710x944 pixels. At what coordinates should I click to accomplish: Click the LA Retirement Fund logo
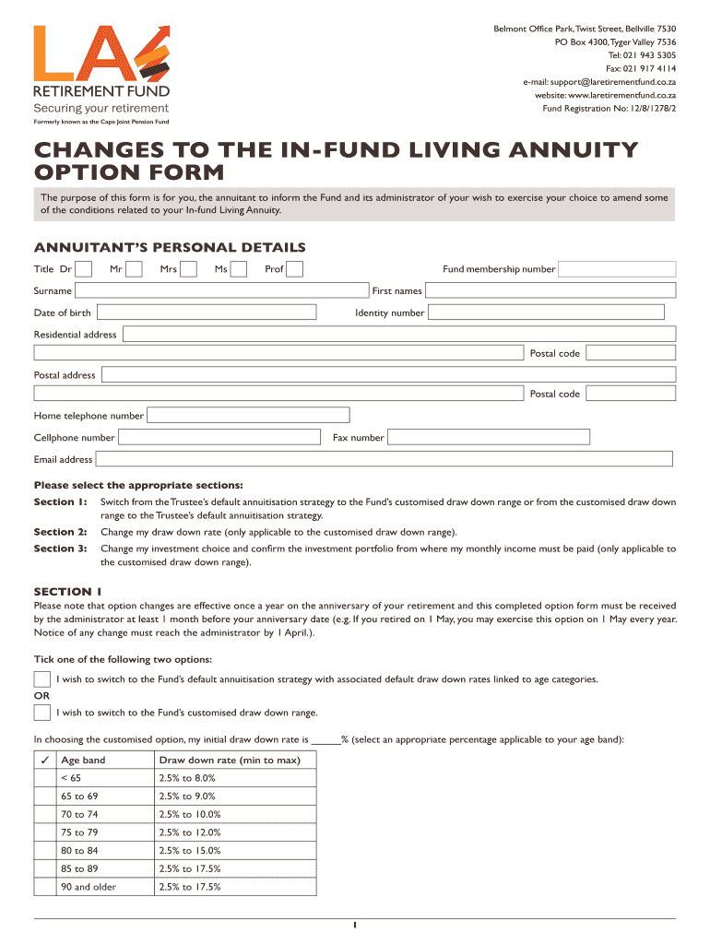click(x=101, y=69)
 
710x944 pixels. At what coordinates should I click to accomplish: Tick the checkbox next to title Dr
click(x=83, y=269)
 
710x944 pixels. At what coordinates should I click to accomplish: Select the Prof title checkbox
click(x=295, y=269)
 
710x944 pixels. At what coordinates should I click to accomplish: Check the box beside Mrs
click(x=189, y=269)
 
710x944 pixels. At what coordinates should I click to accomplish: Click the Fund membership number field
click(x=617, y=269)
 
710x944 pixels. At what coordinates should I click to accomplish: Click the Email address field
click(x=384, y=459)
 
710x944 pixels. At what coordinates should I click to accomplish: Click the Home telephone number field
click(x=248, y=416)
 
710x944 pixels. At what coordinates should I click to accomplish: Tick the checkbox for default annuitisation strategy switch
click(x=42, y=679)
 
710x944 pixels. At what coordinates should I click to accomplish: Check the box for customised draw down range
click(x=42, y=713)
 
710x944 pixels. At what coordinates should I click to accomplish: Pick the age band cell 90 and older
click(x=89, y=887)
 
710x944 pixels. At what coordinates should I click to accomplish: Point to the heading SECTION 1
click(x=68, y=591)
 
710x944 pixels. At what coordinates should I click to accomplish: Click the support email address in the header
click(x=599, y=82)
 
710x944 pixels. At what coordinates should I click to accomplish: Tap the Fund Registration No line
click(x=609, y=108)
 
